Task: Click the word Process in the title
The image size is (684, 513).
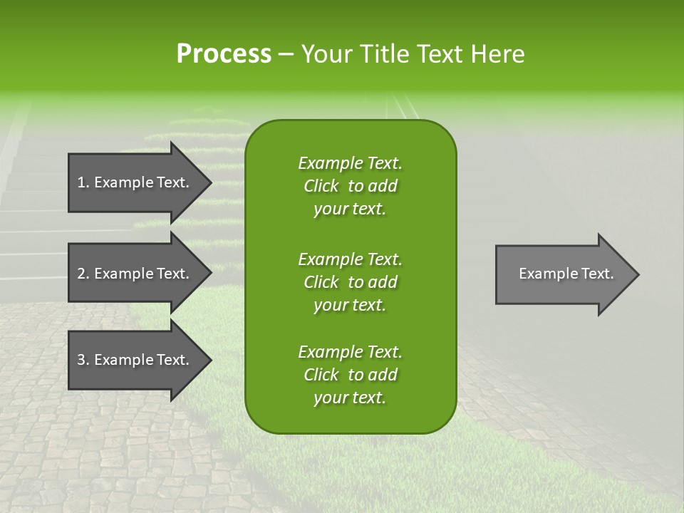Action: point(224,54)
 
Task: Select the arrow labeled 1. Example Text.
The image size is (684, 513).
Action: point(135,182)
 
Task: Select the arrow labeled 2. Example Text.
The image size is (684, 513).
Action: point(135,274)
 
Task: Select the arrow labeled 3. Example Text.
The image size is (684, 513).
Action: point(135,360)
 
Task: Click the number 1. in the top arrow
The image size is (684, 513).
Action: point(83,182)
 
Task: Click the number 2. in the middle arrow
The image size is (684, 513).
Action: point(83,274)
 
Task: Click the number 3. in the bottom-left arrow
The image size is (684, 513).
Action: point(83,360)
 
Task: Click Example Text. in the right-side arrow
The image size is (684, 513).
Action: point(566,274)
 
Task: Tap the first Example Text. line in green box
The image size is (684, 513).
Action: point(350,163)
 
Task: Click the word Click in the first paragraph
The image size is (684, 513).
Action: point(321,187)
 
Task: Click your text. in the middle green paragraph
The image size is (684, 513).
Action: point(350,305)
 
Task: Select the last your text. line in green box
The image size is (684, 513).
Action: point(350,398)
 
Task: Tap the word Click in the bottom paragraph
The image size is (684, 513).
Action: point(321,375)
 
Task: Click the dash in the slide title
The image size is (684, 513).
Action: point(285,54)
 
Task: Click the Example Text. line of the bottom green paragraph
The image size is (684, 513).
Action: point(350,352)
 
